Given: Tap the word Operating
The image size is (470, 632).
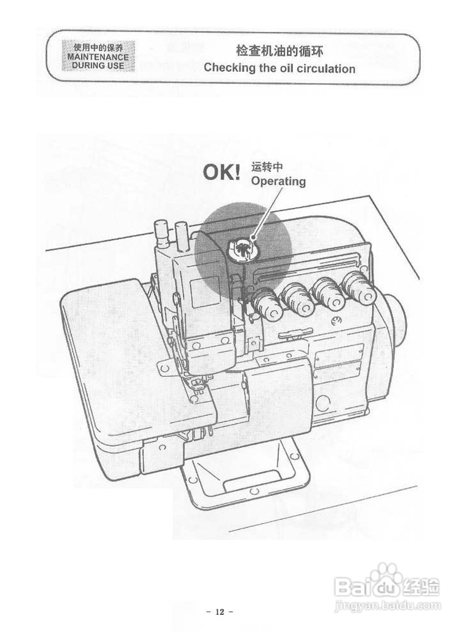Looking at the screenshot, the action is tap(278, 181).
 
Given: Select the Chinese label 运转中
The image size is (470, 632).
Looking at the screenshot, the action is tap(267, 167).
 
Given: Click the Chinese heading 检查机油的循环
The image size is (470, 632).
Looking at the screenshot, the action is tap(279, 52).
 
